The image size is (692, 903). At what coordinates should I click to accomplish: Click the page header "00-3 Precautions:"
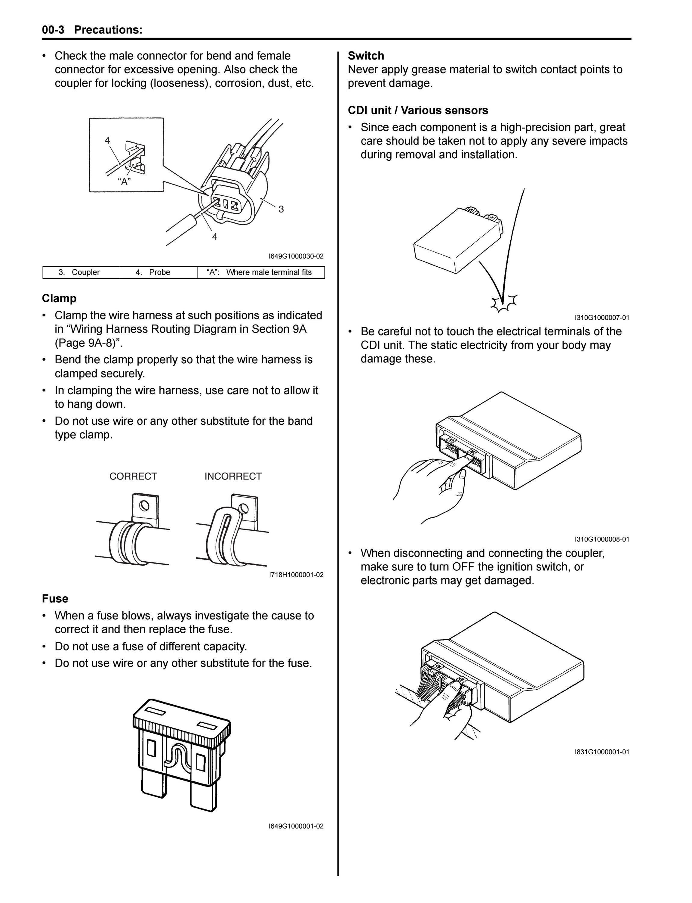[92, 30]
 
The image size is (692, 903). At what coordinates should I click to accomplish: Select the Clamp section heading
[59, 298]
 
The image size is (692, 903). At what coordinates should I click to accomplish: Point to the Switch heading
[366, 56]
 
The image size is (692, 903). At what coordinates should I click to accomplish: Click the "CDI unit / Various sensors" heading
[418, 110]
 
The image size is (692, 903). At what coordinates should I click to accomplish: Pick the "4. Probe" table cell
[158, 272]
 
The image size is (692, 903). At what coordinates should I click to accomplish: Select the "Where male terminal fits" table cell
[261, 272]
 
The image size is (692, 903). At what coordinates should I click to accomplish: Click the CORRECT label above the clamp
[133, 476]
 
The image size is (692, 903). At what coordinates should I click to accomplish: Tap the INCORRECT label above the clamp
[233, 476]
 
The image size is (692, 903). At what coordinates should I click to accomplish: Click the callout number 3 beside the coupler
[281, 209]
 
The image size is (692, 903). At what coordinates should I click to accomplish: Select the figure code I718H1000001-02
[296, 575]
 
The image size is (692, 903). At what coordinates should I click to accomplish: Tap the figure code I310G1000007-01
[602, 318]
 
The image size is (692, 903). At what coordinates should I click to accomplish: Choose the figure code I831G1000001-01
[602, 752]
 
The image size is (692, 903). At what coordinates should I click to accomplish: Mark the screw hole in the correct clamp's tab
[144, 505]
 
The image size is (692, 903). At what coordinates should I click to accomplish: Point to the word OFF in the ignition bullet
[464, 567]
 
